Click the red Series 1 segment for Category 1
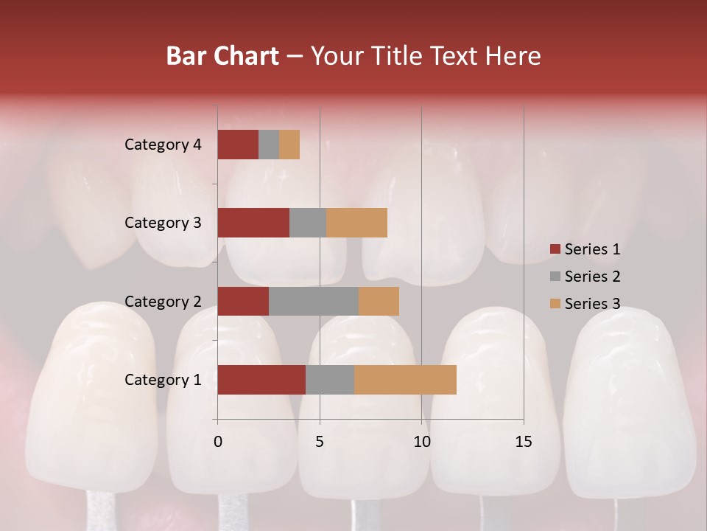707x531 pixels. coord(261,380)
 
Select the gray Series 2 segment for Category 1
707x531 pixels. coord(330,380)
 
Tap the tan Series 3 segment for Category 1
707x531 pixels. coord(405,380)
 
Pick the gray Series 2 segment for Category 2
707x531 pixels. coord(314,301)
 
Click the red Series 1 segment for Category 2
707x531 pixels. coord(243,301)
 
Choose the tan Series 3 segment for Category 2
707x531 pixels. coord(379,301)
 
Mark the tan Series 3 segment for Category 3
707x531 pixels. coord(356,223)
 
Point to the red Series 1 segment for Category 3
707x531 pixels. coord(253,223)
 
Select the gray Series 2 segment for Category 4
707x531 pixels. coord(269,145)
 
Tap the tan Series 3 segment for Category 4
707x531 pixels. coord(289,145)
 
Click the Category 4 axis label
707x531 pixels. coord(163,145)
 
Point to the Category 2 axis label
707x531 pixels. coord(163,301)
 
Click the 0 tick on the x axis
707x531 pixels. coord(218,442)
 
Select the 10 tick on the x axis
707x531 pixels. coord(421,442)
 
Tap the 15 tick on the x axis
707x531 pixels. coord(524,442)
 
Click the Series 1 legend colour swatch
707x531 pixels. coord(555,249)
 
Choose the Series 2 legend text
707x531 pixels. coord(592,277)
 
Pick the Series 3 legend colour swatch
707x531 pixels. coord(555,304)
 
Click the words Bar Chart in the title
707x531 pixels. coord(222,56)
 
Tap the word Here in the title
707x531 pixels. coord(513,56)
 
